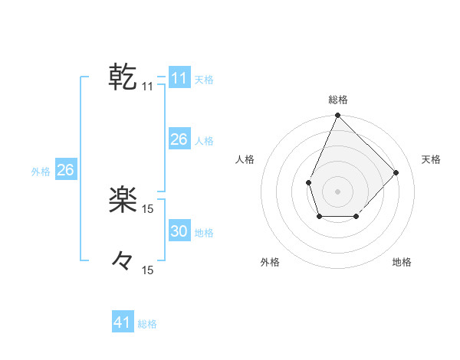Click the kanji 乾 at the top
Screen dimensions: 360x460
[123, 77]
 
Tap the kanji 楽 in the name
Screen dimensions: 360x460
[123, 201]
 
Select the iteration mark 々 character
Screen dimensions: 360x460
[123, 261]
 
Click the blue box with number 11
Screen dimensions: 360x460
[179, 78]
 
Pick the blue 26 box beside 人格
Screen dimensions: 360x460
[179, 139]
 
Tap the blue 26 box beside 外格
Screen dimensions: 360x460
[65, 170]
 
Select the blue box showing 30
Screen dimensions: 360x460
[179, 231]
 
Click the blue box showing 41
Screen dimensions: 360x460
[123, 322]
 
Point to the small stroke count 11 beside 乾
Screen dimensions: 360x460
[147, 87]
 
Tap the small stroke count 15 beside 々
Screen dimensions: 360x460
[147, 270]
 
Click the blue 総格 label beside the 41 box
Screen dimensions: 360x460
[147, 324]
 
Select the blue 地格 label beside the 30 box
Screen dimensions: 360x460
[204, 233]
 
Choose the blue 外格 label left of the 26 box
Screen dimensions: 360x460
[41, 172]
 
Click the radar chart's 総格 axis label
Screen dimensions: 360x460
[337, 100]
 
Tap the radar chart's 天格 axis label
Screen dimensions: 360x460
[431, 159]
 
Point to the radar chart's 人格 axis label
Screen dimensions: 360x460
[245, 159]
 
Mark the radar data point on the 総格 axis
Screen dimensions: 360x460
[337, 116]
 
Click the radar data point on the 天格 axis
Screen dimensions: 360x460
[396, 172]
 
